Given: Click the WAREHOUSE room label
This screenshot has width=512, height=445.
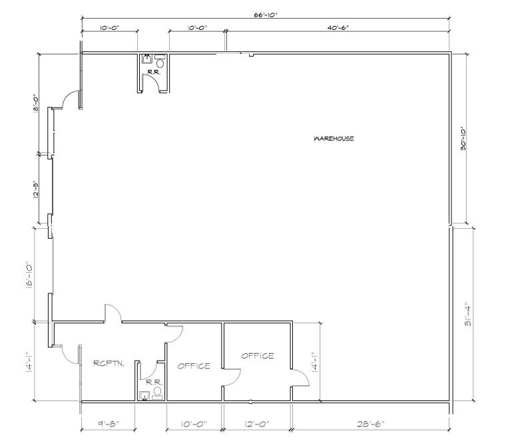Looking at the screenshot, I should [x=334, y=139].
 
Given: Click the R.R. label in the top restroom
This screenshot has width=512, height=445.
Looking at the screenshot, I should [x=152, y=69].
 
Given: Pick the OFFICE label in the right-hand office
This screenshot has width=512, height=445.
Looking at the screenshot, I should [x=257, y=356].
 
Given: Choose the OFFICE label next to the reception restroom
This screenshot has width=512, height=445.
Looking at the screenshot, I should [x=194, y=366].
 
